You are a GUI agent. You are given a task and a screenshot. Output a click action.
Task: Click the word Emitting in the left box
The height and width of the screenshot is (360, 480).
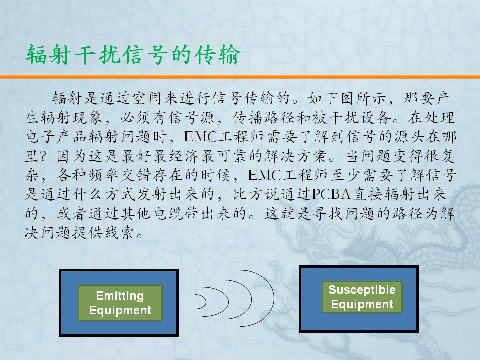click(x=120, y=296)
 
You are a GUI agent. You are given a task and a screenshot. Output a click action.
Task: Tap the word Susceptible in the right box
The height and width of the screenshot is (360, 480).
click(x=362, y=290)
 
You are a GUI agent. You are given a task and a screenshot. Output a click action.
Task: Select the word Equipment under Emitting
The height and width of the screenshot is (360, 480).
click(x=120, y=310)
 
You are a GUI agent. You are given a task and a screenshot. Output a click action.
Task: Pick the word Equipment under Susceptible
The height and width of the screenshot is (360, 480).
click(x=362, y=304)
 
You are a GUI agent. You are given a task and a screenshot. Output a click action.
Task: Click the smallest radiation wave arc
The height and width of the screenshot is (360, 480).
click(x=205, y=302)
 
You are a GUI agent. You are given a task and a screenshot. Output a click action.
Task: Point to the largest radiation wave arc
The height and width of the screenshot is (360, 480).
click(x=273, y=298)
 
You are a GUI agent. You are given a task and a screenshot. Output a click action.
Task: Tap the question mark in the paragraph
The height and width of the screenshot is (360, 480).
click(x=43, y=156)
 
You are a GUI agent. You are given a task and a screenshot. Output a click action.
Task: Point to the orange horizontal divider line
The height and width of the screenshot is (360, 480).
click(x=240, y=77)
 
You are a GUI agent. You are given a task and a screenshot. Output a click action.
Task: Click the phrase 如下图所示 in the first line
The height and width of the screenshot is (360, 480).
click(x=346, y=98)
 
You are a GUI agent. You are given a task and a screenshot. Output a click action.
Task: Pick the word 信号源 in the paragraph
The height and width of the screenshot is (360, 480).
click(x=192, y=118)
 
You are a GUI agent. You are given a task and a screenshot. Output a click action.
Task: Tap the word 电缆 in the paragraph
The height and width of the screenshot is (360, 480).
click(x=168, y=213)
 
